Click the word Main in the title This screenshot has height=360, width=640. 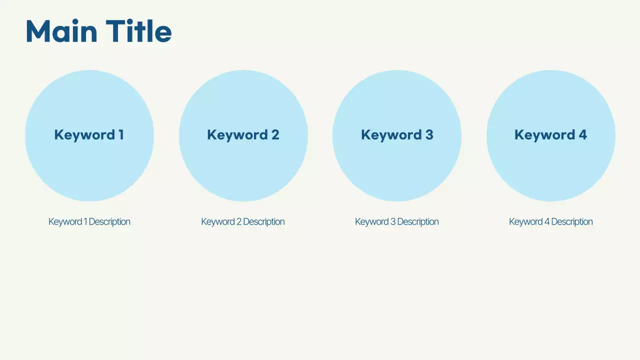61,31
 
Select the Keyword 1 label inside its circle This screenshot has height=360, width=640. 89,135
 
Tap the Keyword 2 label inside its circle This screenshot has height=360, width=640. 243,135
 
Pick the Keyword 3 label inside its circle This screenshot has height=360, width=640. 397,135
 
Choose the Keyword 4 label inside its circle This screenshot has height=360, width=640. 550,135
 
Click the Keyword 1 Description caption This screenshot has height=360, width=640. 89,221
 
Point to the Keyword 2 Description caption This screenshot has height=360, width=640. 243,221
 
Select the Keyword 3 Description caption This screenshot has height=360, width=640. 397,221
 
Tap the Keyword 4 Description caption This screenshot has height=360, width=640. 550,221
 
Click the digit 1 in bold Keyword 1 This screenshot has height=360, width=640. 120,135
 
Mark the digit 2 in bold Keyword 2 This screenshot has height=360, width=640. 275,135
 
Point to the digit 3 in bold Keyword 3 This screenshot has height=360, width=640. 429,135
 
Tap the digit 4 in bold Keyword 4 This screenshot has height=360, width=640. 582,135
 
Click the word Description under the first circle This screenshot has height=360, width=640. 109,221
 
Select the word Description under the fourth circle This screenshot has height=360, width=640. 571,221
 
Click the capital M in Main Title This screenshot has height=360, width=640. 37,31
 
